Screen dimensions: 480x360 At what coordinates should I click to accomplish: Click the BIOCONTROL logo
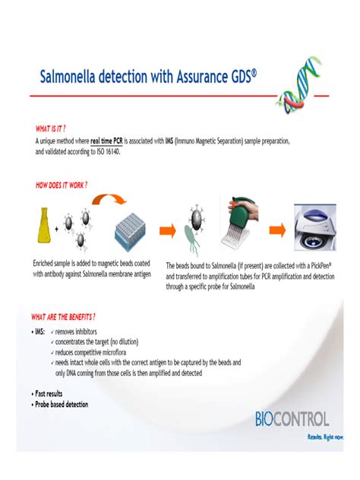292,418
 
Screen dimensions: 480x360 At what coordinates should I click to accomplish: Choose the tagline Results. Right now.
324,436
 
